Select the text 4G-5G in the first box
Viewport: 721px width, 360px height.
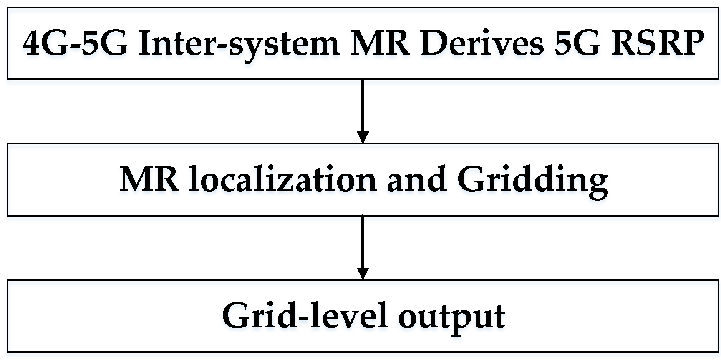click(75, 43)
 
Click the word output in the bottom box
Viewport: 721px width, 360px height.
click(451, 317)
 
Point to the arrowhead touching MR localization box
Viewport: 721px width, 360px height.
click(363, 138)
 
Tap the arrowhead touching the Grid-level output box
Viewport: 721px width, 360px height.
click(363, 274)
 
